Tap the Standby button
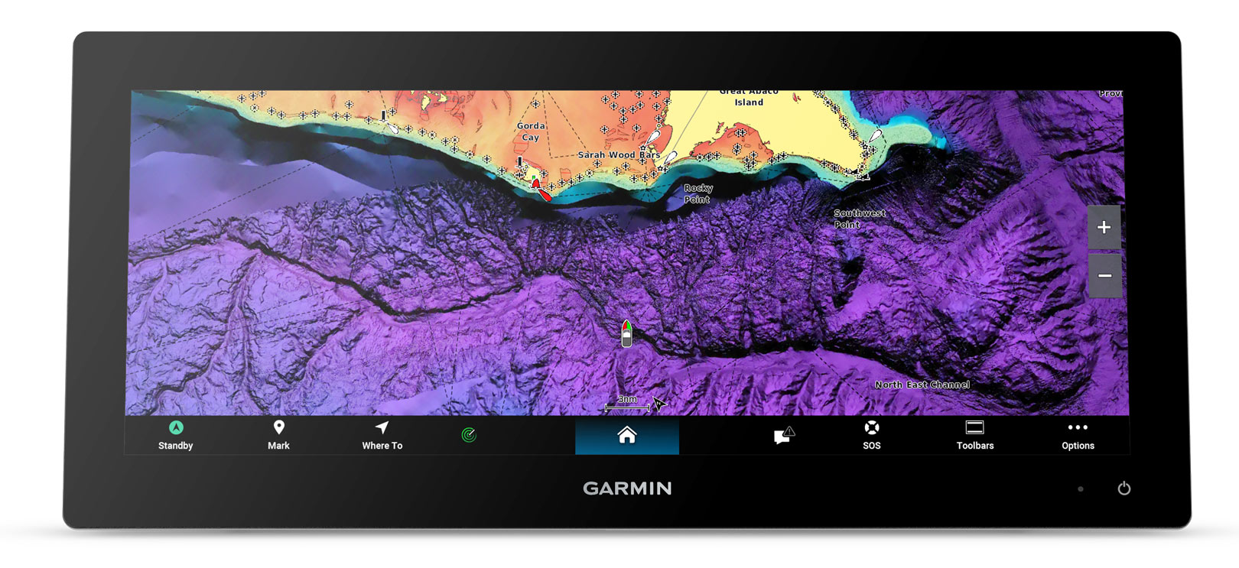pos(175,435)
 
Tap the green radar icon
pos(469,435)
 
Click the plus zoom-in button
pos(1104,227)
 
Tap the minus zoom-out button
pos(1104,275)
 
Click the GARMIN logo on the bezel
pos(627,488)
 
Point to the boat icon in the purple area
pos(626,334)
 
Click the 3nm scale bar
pos(627,405)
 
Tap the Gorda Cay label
pos(531,131)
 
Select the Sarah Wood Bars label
pos(618,154)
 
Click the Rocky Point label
pos(698,193)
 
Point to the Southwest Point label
pos(859,219)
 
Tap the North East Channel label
pos(922,385)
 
